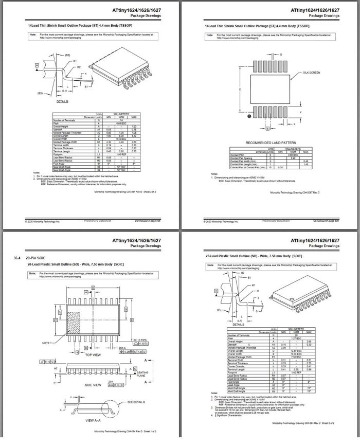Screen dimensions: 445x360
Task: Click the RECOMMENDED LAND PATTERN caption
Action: tap(271, 143)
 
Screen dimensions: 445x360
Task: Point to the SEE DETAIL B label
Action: tap(136, 402)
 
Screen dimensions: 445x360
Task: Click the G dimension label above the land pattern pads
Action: tap(280, 54)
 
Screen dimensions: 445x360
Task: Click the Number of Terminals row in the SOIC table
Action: tap(241, 334)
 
